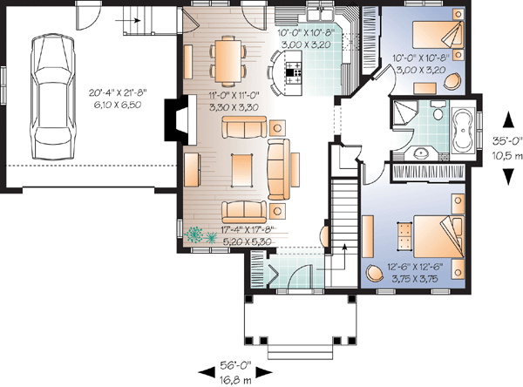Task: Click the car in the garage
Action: coord(52,98)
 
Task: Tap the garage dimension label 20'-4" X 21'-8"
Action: coord(118,92)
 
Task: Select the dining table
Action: coord(228,61)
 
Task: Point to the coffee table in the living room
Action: coord(242,169)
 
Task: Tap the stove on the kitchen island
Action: coord(293,72)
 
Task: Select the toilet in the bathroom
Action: coord(438,111)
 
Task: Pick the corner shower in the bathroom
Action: coord(404,112)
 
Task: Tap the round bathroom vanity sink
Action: coord(421,153)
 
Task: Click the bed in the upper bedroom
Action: coord(438,34)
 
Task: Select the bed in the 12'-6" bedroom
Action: coord(439,236)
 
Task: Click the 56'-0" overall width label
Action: coord(235,365)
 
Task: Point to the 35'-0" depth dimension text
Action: coord(507,141)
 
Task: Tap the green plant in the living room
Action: coord(200,235)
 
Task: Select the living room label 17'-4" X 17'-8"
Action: coord(248,229)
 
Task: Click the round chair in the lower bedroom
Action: coord(375,273)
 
